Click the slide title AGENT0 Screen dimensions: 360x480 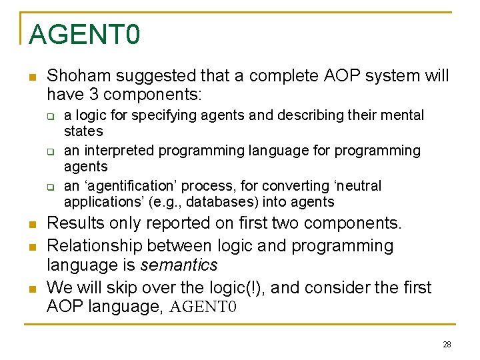click(x=84, y=33)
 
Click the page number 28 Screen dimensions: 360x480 click(x=447, y=344)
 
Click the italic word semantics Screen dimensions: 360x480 click(x=179, y=265)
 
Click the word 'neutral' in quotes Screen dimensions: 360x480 click(x=356, y=185)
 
